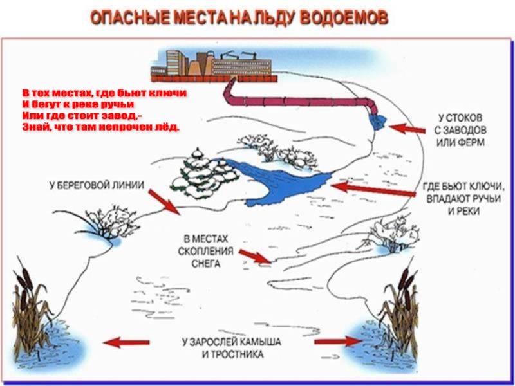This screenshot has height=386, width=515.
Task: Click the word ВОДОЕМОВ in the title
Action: click(x=345, y=17)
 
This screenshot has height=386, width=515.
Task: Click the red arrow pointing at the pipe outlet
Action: click(x=408, y=128)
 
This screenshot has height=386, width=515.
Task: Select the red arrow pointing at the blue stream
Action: click(x=373, y=190)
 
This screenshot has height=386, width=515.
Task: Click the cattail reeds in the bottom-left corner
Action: click(x=29, y=309)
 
